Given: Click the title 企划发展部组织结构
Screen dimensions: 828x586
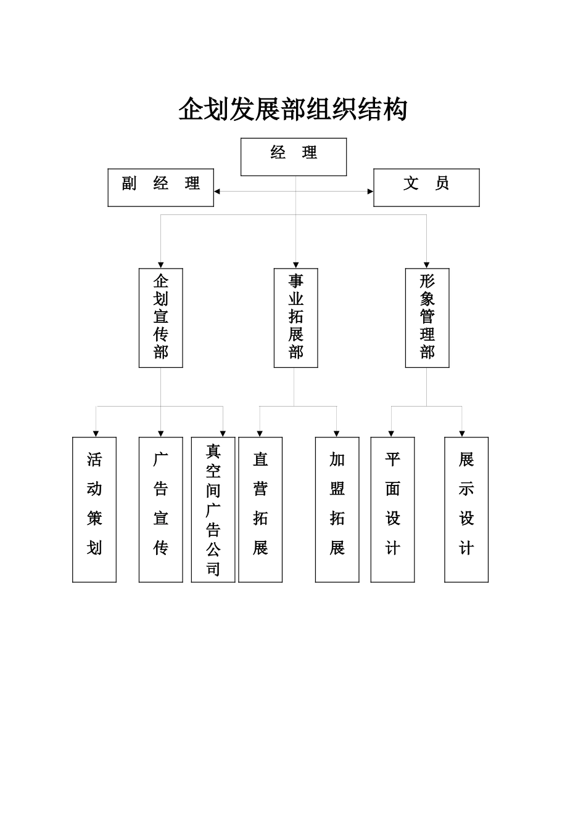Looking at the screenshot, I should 293,110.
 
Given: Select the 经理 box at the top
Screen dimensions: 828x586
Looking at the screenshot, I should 294,156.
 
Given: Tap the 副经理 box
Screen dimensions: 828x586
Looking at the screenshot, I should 161,187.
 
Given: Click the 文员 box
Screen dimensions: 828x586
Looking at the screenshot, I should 426,187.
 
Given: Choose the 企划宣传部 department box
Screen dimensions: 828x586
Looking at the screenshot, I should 161,318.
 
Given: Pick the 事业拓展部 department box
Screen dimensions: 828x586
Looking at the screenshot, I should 295,318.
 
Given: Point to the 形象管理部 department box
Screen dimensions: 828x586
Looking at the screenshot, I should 427,318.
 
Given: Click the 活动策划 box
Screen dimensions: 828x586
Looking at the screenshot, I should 94,509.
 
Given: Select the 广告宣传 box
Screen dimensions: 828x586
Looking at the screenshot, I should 161,509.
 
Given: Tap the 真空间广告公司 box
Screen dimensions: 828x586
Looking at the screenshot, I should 213,509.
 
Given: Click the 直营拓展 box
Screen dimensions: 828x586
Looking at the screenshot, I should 260,509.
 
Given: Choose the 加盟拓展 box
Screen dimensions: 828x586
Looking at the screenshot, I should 337,509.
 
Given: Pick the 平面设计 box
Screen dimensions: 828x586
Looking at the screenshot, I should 392,509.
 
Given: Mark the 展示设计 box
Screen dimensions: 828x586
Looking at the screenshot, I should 466,509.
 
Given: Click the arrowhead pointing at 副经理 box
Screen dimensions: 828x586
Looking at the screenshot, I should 217,192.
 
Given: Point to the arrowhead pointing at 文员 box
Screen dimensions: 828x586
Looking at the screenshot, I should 370,192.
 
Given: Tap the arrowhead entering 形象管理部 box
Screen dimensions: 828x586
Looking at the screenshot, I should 427,265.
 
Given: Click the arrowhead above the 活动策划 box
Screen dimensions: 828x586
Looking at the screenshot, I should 96,434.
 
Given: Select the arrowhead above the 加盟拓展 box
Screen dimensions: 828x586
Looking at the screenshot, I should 337,434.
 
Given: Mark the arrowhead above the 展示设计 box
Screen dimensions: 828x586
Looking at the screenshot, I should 462,434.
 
